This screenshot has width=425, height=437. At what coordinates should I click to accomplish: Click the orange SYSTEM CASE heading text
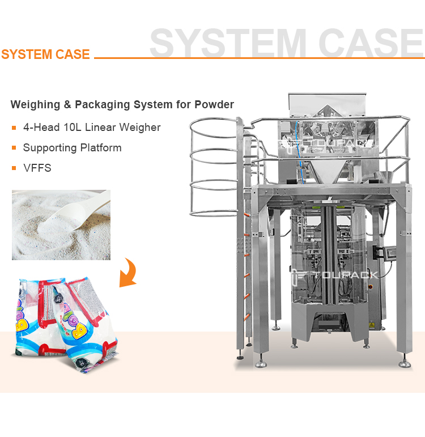(45, 54)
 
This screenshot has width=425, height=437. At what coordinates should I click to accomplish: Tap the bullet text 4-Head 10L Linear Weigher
(92, 128)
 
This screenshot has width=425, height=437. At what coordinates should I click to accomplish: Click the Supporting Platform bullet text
(72, 148)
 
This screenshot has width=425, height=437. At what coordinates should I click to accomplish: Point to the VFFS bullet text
(37, 168)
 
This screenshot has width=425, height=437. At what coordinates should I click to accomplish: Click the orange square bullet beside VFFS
(14, 169)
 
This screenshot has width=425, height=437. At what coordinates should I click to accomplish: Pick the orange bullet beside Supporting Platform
(14, 149)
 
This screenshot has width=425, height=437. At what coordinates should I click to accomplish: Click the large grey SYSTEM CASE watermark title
(286, 43)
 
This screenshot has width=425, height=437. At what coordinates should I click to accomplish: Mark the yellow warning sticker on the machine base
(372, 324)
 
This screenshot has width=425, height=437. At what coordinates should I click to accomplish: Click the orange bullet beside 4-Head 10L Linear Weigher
(14, 128)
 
